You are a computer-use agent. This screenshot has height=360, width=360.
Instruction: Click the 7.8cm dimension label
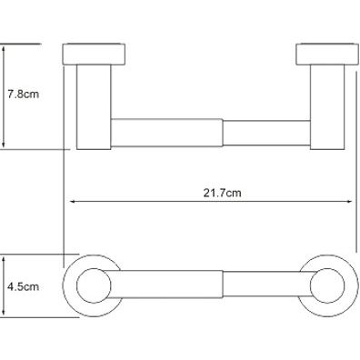24,95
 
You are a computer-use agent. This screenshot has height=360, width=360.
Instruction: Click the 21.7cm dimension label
222,193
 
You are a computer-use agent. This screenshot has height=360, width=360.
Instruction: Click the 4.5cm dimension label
24,286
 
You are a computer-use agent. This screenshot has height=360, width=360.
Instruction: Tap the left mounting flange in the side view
94,55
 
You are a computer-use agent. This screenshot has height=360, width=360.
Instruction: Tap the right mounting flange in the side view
327,55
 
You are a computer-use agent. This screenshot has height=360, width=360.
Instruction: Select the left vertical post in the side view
94,107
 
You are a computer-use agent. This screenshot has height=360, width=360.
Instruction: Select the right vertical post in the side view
327,107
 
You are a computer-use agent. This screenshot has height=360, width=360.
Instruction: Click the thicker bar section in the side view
167,133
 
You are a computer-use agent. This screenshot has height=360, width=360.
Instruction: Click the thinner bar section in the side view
266,133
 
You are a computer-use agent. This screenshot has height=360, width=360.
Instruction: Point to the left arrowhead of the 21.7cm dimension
73,201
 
